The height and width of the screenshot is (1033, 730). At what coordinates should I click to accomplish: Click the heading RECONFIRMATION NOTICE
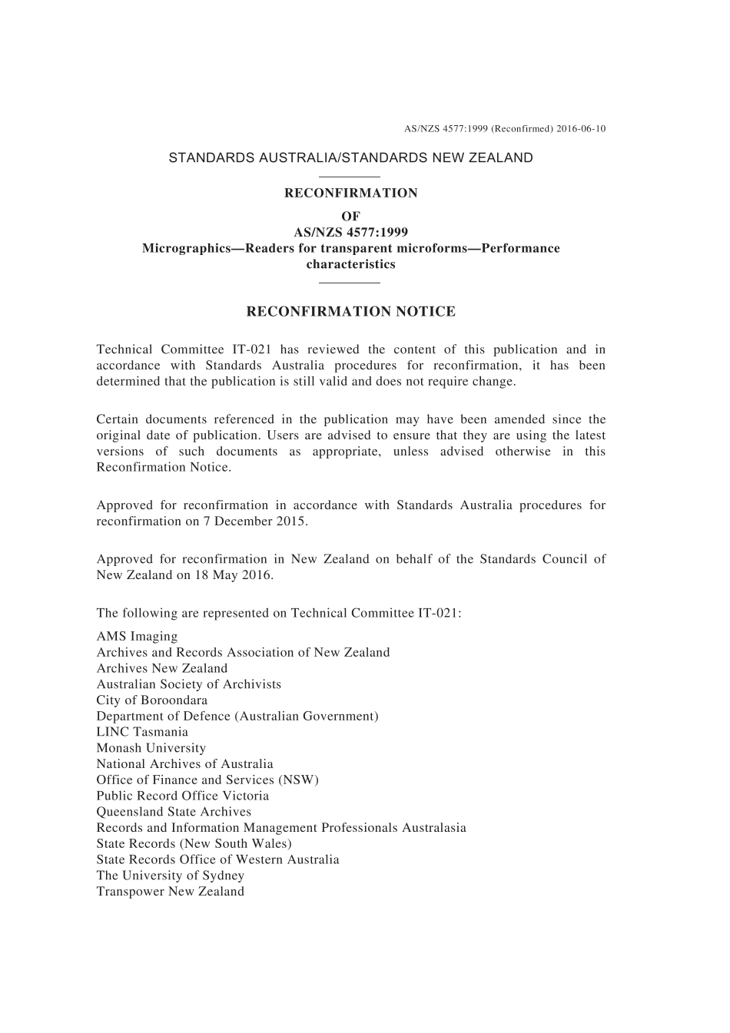click(x=350, y=312)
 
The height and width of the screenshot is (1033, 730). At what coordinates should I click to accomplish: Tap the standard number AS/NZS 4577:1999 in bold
click(x=350, y=233)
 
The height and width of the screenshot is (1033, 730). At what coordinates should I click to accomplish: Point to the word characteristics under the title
click(x=350, y=265)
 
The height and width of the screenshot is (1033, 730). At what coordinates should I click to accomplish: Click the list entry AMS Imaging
click(x=137, y=637)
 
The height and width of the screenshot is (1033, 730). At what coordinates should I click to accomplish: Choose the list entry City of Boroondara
click(x=151, y=700)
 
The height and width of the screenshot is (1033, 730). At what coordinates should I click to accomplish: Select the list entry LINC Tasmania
click(x=142, y=732)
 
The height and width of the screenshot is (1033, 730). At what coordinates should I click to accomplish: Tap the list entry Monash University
click(x=151, y=748)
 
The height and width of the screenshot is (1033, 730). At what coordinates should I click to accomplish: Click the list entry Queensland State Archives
click(x=174, y=812)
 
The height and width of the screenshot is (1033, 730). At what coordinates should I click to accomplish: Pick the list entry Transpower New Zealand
click(x=170, y=892)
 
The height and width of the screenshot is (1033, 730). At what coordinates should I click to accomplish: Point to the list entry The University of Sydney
click(x=170, y=876)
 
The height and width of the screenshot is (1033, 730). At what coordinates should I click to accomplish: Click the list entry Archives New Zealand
click(x=161, y=668)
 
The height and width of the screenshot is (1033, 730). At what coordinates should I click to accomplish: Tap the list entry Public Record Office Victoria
click(x=182, y=796)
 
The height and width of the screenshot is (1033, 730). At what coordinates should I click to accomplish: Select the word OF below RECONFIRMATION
click(x=350, y=217)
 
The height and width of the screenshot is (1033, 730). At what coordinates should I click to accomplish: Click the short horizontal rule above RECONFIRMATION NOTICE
click(x=350, y=283)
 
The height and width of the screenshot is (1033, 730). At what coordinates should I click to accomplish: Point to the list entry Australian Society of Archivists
click(x=188, y=684)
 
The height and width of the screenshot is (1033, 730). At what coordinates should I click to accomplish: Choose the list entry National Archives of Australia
click(x=184, y=764)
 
